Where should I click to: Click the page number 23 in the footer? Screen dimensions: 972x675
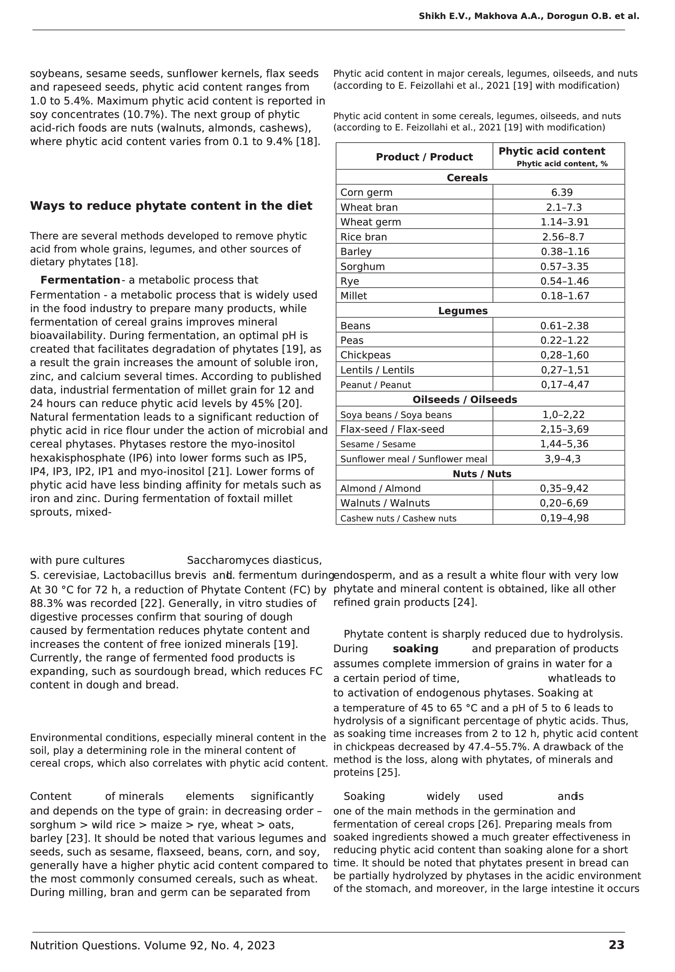pos(616,945)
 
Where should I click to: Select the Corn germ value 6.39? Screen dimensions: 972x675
pos(562,193)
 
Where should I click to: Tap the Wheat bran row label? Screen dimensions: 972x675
pos(369,208)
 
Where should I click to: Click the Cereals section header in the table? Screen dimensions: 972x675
pos(467,178)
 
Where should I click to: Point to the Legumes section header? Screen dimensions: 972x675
pos(463,311)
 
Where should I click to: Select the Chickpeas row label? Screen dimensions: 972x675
pos(365,355)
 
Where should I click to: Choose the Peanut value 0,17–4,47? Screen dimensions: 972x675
pos(565,384)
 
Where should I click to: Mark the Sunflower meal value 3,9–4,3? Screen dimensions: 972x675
pos(562,459)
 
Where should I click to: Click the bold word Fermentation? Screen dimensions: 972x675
pos(80,280)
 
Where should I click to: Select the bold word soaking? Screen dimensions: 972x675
pos(415,649)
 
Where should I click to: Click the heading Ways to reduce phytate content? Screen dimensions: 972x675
pos(171,206)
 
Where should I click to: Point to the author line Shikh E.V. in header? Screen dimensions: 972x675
pos(529,16)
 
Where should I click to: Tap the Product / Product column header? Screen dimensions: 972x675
pos(424,157)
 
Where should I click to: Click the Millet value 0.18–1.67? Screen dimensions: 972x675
pos(565,296)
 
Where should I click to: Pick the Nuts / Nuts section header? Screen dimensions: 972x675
pos(482,474)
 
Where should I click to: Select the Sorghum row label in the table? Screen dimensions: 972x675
pos(362,267)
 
